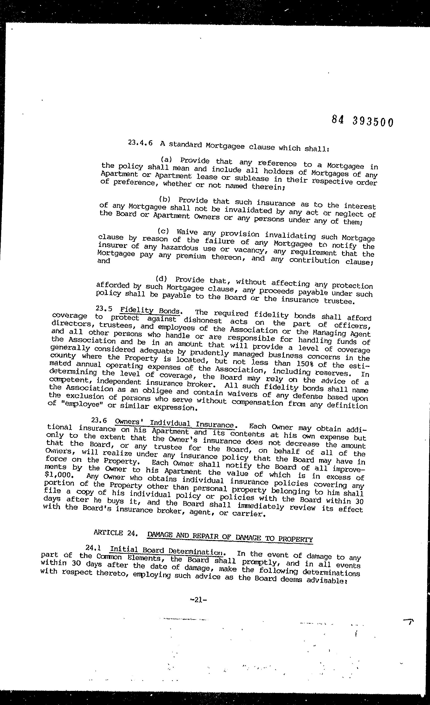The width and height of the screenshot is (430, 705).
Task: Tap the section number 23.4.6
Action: (x=140, y=143)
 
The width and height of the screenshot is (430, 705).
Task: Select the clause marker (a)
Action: (x=166, y=159)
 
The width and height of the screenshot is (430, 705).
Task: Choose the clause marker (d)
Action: (x=161, y=279)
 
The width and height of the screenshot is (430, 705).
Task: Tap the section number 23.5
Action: (x=104, y=308)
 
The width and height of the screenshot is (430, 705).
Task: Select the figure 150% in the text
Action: (x=314, y=364)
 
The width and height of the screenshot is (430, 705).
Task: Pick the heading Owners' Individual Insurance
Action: (x=175, y=423)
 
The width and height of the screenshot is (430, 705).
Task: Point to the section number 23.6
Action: (x=99, y=420)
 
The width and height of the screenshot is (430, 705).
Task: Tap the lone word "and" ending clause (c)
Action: (x=104, y=261)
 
